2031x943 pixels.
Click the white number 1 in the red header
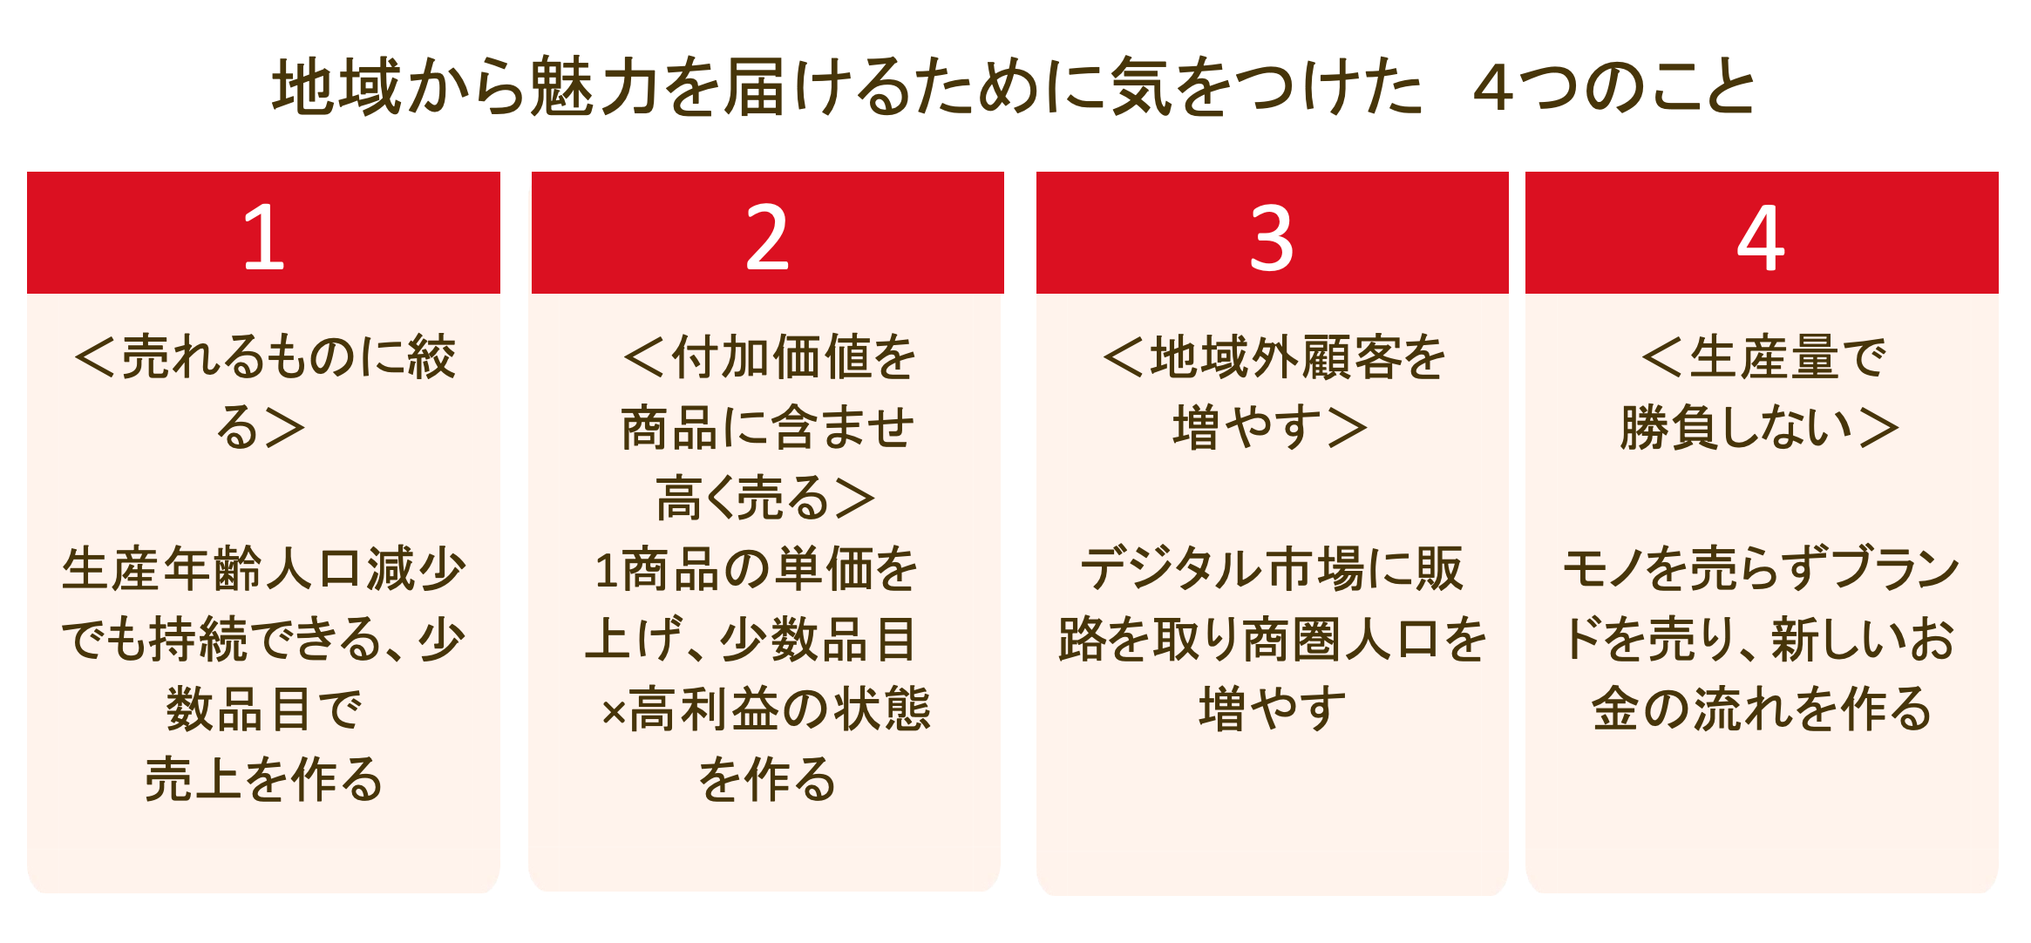tap(263, 237)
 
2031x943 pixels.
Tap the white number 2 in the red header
tap(767, 237)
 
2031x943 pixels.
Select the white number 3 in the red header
tap(1271, 237)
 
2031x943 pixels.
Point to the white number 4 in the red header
tap(1760, 237)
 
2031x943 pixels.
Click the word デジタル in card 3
tap(1171, 569)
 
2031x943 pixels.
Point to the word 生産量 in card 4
tap(1753, 357)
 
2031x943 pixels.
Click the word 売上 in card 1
tap(193, 779)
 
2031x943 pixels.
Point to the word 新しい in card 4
tap(1840, 640)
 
